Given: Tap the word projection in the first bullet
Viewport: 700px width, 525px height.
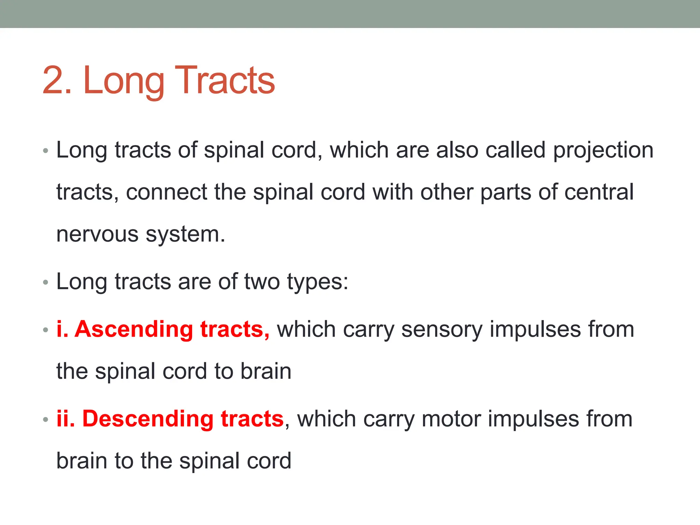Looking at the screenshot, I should click(x=603, y=150).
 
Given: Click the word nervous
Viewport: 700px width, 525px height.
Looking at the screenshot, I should click(x=97, y=234).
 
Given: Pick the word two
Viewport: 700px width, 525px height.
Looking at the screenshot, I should click(x=262, y=282).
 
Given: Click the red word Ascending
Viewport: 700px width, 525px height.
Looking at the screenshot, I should click(x=134, y=329).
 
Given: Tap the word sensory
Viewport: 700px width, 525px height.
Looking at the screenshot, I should click(x=442, y=329).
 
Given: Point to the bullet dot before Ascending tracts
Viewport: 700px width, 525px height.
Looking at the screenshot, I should click(x=46, y=330).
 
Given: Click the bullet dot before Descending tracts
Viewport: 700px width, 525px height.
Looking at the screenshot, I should click(x=46, y=420).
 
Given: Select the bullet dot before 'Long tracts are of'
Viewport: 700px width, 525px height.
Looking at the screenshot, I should click(x=46, y=283).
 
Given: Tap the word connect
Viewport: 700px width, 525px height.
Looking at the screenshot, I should click(x=166, y=192).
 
